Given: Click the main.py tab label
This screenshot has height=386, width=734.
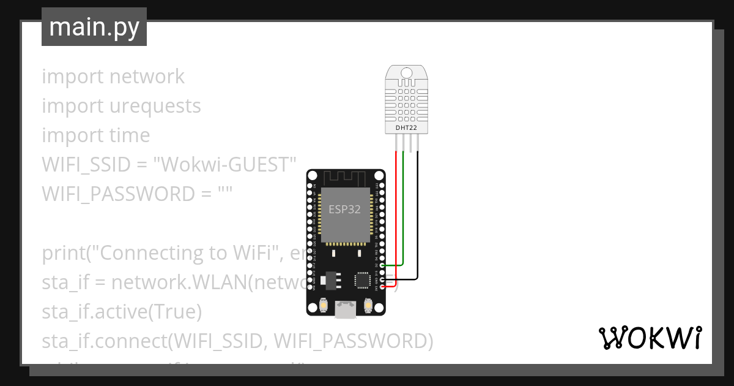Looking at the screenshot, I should (94, 27).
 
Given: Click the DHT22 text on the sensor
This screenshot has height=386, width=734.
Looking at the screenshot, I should (407, 127).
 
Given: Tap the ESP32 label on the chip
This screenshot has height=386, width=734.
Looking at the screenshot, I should (344, 209).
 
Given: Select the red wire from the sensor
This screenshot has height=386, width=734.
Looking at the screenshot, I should (396, 214).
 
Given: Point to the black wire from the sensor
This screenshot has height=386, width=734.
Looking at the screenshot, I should (418, 214).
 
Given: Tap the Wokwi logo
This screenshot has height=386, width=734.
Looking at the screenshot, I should (649, 338).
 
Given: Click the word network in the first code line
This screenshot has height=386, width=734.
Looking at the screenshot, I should (147, 77).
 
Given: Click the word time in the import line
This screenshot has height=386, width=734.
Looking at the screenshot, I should (129, 135).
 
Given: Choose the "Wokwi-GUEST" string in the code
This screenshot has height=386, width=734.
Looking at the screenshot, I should (224, 165).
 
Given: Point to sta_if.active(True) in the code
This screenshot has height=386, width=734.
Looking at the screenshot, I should (122, 312).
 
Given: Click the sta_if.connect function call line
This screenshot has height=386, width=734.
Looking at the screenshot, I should (237, 341).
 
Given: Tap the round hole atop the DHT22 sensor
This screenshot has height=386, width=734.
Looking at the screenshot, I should (407, 74).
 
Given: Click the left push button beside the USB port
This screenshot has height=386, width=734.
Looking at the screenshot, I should (324, 305).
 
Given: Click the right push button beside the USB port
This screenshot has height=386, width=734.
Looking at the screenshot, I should (368, 305).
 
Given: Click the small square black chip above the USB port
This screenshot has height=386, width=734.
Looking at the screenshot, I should (361, 279).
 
